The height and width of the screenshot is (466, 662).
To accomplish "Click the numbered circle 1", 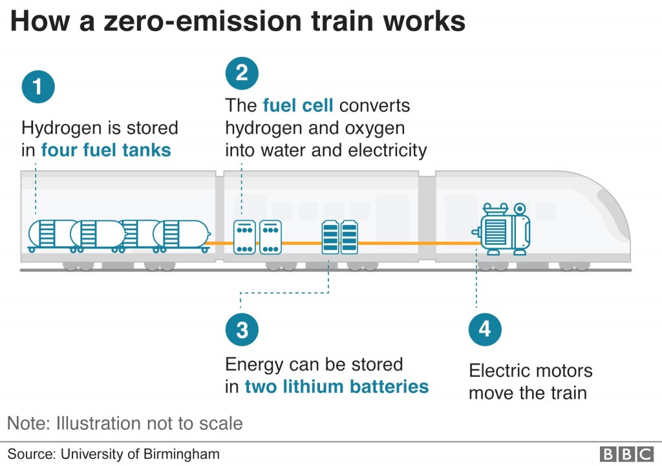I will click(38, 87).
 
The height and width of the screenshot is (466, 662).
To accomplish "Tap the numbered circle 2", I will click(242, 73).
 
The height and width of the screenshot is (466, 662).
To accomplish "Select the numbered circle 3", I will click(242, 330).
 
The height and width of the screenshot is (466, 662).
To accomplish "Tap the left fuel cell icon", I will click(244, 237).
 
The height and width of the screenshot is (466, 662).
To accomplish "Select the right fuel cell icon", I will click(270, 237).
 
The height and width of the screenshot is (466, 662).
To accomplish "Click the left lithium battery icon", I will click(330, 237).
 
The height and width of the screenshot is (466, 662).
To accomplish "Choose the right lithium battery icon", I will click(349, 237).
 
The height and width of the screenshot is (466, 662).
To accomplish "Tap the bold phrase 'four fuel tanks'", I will click(106, 151).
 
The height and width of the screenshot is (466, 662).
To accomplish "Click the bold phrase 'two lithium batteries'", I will click(336, 387).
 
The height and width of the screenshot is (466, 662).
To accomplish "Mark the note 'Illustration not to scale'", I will click(149, 423).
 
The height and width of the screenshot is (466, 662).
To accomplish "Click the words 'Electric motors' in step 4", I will click(530, 371).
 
